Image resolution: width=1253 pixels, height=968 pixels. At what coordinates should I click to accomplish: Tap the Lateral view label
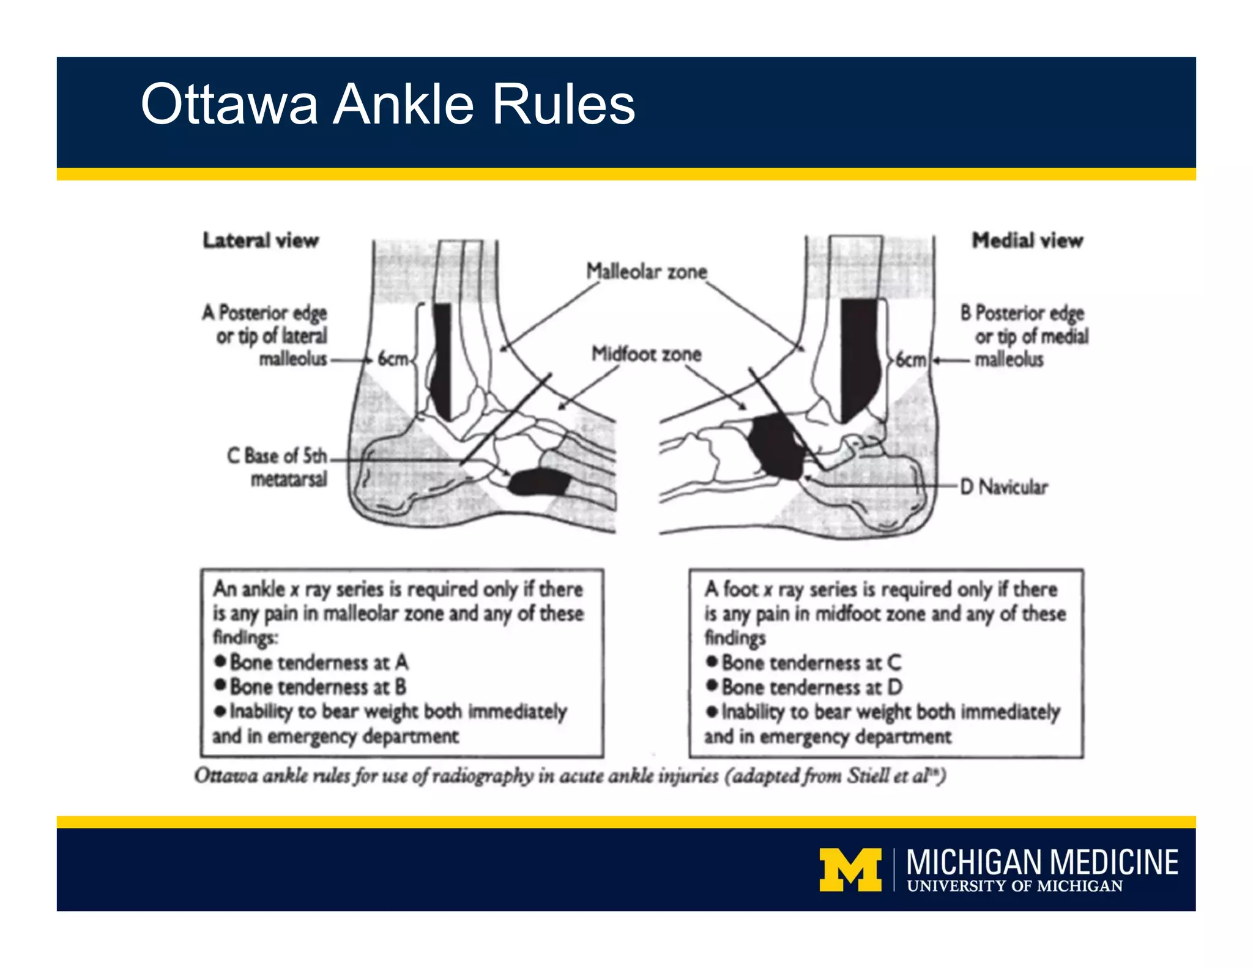click(261, 240)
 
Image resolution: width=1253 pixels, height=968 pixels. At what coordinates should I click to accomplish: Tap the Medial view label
click(1027, 240)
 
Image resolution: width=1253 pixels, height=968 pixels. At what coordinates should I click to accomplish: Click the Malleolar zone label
click(647, 271)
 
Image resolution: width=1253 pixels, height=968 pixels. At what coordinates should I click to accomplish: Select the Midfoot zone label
click(646, 354)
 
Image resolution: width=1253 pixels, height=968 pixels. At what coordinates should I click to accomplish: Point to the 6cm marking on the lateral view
click(392, 359)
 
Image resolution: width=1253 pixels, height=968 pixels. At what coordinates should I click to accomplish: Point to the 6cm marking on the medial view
click(910, 360)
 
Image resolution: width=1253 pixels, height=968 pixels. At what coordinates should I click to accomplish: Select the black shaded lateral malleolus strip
click(442, 361)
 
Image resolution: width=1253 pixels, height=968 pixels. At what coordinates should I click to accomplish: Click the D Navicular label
click(1003, 487)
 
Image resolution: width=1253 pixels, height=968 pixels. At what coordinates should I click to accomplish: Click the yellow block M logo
click(850, 869)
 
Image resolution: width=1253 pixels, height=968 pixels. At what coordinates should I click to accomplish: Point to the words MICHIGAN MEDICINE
click(1042, 862)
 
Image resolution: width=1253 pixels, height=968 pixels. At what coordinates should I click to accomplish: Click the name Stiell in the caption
click(868, 776)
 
